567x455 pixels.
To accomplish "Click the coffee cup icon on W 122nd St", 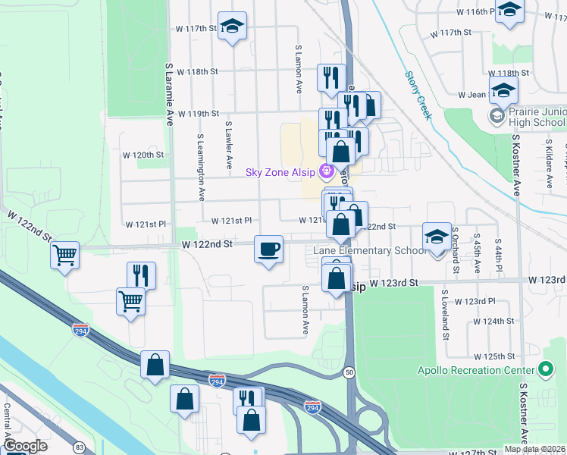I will pos(268,250).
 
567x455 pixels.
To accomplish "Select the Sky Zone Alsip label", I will pos(280,172).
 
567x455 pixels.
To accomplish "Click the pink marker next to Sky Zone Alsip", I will pos(326,171).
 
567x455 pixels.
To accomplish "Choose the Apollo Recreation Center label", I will pos(477,370).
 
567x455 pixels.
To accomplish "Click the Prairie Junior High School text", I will pos(528,117).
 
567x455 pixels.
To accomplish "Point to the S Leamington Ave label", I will pos(201,168).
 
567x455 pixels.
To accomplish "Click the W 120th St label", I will pos(143,155).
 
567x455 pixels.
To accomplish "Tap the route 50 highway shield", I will pos(349,372).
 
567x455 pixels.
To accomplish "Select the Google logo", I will pos(25,446).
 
